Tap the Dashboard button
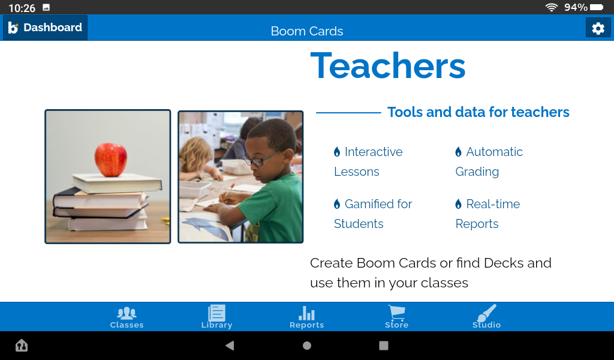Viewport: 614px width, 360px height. click(x=46, y=28)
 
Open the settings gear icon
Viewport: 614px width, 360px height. click(x=598, y=28)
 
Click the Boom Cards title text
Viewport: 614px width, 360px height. click(x=307, y=31)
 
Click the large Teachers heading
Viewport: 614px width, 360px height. click(x=388, y=65)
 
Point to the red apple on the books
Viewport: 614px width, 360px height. click(x=111, y=159)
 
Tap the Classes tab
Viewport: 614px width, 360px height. click(x=127, y=317)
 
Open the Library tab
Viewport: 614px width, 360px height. click(x=216, y=317)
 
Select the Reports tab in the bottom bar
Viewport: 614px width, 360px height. click(x=306, y=317)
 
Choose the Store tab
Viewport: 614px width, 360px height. click(x=396, y=317)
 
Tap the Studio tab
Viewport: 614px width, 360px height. click(x=486, y=317)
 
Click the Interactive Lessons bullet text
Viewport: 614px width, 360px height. click(x=368, y=161)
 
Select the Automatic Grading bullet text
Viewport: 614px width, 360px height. click(x=489, y=161)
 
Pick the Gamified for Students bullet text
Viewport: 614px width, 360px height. click(x=373, y=214)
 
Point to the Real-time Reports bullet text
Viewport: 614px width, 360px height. click(x=487, y=214)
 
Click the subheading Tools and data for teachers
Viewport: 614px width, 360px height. click(x=478, y=112)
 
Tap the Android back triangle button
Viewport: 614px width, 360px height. click(x=229, y=346)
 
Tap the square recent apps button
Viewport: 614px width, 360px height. click(x=384, y=346)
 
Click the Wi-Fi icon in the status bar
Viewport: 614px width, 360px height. click(x=551, y=7)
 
